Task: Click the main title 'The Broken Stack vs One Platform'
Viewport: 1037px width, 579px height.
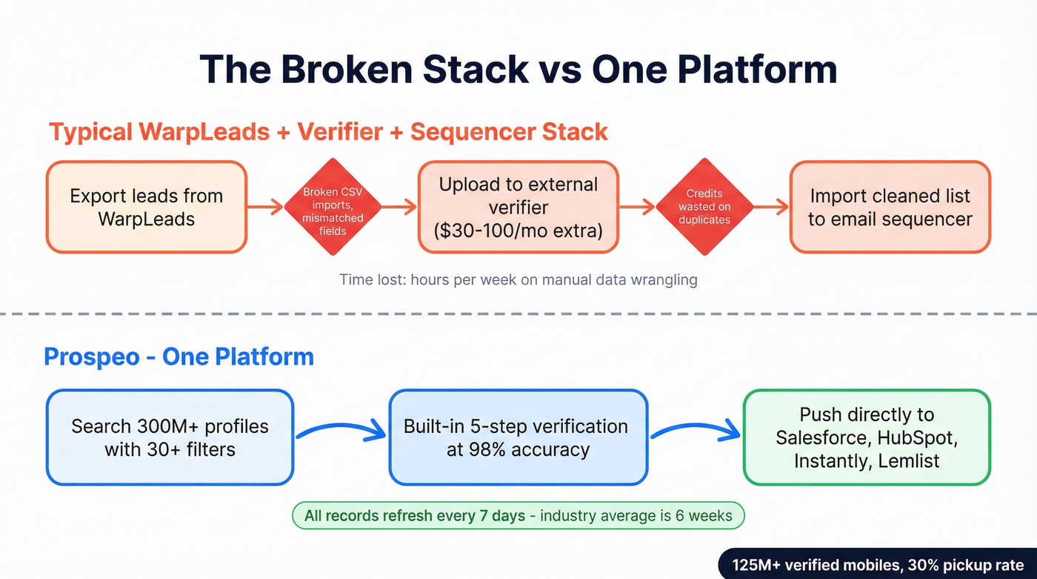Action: click(x=518, y=69)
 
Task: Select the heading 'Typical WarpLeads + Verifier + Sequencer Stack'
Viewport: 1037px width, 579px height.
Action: click(x=328, y=132)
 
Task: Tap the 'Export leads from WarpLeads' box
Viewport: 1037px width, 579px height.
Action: click(x=146, y=208)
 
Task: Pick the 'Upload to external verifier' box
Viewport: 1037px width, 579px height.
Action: click(x=518, y=208)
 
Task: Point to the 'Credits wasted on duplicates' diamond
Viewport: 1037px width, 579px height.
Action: click(x=704, y=207)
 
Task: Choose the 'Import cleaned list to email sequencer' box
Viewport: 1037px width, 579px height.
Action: click(x=890, y=208)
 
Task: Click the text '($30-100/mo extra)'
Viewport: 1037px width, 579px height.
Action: click(x=518, y=231)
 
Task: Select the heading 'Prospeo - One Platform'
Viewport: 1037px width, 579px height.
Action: click(x=179, y=357)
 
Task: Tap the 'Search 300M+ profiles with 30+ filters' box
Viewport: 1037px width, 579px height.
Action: click(x=170, y=437)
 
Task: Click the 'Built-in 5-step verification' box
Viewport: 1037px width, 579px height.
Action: click(x=518, y=437)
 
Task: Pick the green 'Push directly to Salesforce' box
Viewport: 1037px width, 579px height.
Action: click(x=866, y=437)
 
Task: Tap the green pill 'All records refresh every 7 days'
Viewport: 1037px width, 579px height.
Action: click(x=517, y=516)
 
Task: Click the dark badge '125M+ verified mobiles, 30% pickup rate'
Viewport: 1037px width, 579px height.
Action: click(x=878, y=565)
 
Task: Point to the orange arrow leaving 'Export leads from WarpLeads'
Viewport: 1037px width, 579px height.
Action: click(x=265, y=208)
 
